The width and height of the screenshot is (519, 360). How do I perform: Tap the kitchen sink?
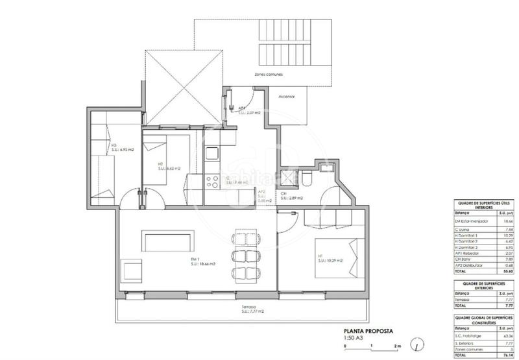click(213, 154)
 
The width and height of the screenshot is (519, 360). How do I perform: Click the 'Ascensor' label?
click(287, 97)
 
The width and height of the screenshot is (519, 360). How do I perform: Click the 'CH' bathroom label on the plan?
click(284, 193)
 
